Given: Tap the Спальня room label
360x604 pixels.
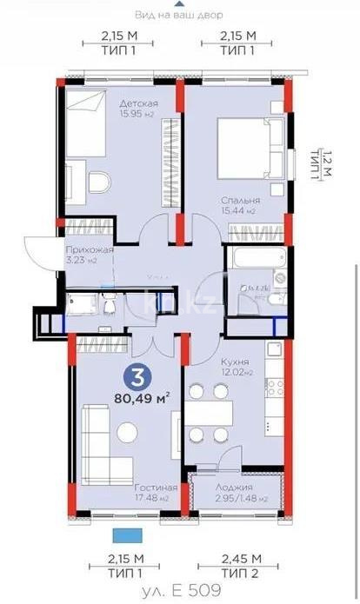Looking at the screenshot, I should (238, 199).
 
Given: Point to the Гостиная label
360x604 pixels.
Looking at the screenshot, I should (156, 488).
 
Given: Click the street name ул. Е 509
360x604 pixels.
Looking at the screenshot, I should (180, 589).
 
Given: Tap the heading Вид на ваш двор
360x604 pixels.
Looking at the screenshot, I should (179, 15).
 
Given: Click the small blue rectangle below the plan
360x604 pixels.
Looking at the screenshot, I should (126, 535).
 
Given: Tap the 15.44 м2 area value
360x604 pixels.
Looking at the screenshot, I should (238, 211).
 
